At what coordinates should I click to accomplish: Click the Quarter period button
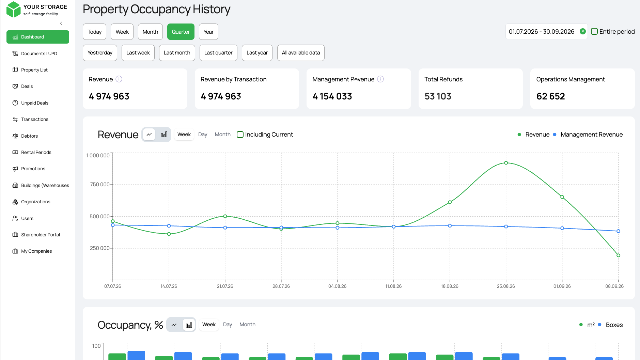point(181,32)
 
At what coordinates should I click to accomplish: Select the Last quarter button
point(218,53)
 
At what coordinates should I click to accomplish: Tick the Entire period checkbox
point(594,31)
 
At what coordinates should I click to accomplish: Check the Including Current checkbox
point(240,135)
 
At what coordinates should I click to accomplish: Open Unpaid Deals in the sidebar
point(35,103)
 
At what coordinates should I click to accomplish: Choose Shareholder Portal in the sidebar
point(41,235)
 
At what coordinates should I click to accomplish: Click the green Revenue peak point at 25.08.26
point(506,163)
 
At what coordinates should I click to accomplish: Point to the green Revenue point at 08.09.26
point(618,255)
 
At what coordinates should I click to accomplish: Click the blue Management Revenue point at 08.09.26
point(618,231)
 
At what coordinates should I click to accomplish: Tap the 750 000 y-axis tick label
point(99,185)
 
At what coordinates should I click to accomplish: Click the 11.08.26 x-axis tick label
point(393,286)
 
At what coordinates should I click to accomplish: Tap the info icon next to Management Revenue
point(380,79)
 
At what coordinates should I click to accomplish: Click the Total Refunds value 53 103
point(438,96)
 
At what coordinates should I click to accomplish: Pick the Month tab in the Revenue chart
point(222,135)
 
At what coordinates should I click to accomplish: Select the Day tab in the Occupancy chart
point(228,325)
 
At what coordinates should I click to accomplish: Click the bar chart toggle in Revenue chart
point(164,135)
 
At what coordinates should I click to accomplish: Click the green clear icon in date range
point(583,31)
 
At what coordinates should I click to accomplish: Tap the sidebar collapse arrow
point(61,23)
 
